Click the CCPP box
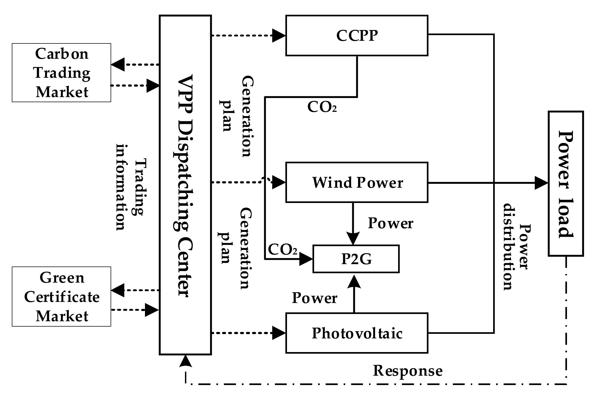pos(357,35)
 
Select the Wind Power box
pos(357,182)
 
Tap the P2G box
pos(356,259)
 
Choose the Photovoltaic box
pos(357,333)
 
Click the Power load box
pos(566,184)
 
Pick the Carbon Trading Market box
pos(61,73)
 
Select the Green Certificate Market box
pos(61,297)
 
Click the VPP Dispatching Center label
pos(185,185)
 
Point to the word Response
pos(408,371)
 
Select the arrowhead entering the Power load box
pos(541,183)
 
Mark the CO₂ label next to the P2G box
pos(282,250)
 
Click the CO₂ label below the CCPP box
pos(322,107)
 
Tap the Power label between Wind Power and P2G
pos(390,223)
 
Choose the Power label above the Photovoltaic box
pos(315,298)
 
